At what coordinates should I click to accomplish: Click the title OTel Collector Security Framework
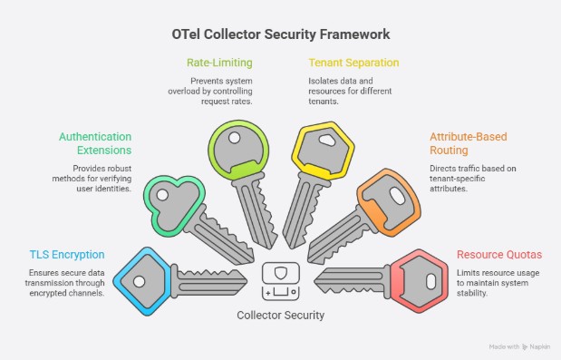[x=281, y=34]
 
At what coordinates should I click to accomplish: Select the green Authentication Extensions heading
[x=95, y=143]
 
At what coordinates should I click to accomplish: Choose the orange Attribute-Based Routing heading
[x=461, y=143]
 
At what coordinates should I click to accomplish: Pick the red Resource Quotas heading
[x=495, y=255]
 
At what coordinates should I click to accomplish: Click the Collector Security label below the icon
[x=280, y=315]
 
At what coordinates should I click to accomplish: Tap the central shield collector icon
[x=280, y=280]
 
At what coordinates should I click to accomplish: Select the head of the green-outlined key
[x=171, y=196]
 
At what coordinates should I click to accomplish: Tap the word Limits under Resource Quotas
[x=469, y=273]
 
